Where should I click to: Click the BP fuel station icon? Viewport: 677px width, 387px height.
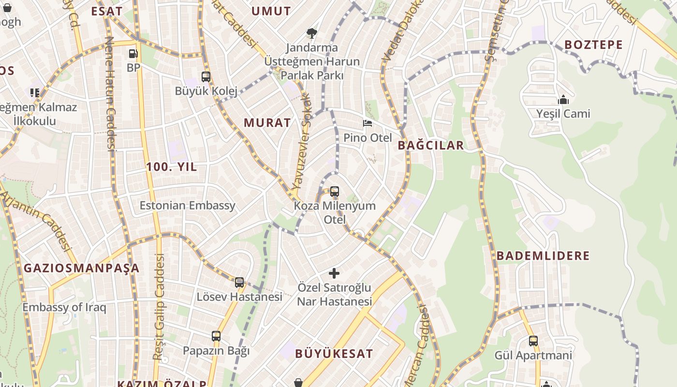(133, 53)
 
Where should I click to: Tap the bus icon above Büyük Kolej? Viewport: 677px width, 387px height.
(206, 76)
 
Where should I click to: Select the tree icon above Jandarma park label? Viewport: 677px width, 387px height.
(312, 33)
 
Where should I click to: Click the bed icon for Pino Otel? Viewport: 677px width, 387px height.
(368, 123)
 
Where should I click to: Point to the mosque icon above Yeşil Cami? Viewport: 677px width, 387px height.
(563, 100)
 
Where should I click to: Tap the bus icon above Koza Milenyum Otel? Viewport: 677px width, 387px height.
(335, 191)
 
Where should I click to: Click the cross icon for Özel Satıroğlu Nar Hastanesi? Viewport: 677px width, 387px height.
(334, 273)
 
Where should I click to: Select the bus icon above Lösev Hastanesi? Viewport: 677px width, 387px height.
(239, 283)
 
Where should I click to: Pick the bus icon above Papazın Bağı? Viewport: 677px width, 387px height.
(216, 336)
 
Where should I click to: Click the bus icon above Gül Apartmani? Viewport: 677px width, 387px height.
(533, 341)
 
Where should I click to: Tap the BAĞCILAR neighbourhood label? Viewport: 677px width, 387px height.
(431, 145)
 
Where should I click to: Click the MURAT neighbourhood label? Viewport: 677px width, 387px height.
(267, 122)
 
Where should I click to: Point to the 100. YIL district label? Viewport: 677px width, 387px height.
(172, 167)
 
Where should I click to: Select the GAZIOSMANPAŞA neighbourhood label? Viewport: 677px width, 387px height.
(82, 268)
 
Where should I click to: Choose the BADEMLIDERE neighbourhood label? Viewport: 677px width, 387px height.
(543, 255)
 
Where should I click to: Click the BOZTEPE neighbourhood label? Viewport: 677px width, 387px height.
(594, 45)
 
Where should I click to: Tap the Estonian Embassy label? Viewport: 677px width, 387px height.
(188, 205)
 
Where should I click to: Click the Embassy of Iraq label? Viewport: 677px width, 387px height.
(64, 307)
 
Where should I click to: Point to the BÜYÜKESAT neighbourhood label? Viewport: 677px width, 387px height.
(334, 354)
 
